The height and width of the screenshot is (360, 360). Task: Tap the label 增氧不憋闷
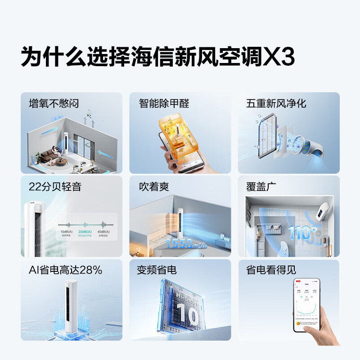(x=54, y=103)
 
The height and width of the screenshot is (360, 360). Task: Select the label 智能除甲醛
(x=164, y=103)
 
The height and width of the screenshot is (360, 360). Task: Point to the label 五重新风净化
(x=276, y=103)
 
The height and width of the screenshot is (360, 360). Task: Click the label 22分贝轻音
(x=55, y=187)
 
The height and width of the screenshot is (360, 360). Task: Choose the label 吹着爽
(x=154, y=187)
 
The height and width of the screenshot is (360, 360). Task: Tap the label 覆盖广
(x=261, y=187)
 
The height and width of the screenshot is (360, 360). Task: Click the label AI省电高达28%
(x=65, y=270)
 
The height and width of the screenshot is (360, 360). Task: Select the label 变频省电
(x=157, y=270)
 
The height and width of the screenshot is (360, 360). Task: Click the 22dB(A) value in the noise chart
(x=85, y=232)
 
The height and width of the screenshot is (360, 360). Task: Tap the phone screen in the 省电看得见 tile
(x=306, y=305)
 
